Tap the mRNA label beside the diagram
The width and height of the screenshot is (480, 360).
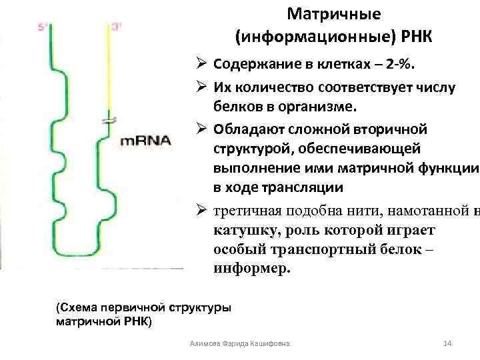(x=146, y=141)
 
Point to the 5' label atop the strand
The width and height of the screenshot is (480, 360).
(x=43, y=27)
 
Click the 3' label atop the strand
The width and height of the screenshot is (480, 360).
(x=117, y=27)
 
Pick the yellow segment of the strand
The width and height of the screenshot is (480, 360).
(x=109, y=67)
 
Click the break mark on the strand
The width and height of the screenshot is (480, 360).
(x=109, y=120)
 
